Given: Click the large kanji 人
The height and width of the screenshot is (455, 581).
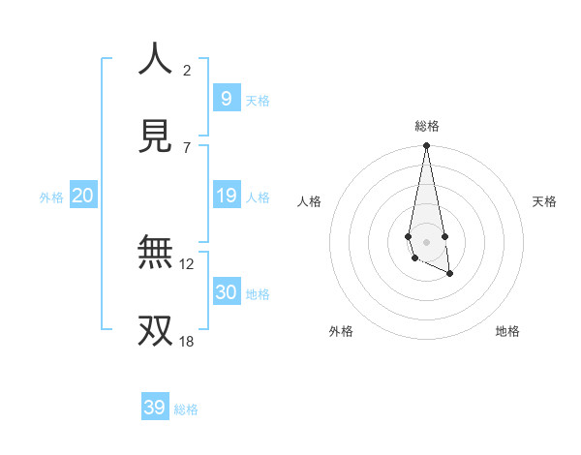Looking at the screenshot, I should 155,59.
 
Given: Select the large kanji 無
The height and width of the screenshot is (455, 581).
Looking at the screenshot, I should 155,253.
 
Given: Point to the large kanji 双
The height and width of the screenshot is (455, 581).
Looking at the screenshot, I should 155,330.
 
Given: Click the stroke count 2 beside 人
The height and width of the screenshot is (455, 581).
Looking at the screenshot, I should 187,70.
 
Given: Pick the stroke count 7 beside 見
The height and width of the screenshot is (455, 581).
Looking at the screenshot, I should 187,147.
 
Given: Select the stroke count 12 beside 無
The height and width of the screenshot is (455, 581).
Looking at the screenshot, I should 187,263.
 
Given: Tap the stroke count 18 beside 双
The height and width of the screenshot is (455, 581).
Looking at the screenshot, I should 187,341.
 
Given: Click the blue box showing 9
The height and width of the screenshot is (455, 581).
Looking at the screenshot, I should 226,98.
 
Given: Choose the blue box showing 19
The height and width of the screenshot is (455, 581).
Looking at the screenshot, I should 226,196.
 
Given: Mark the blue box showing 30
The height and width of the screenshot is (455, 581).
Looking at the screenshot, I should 226,292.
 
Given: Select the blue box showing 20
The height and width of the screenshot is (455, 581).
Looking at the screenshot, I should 83,196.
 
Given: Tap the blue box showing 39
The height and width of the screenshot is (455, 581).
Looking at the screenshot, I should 155,408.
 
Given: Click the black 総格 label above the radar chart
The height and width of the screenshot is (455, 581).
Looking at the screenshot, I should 426,126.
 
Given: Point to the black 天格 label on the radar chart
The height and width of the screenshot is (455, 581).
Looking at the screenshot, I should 545,201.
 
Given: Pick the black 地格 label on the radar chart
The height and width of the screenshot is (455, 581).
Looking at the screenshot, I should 507,331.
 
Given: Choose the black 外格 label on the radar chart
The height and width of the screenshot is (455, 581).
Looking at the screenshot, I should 341,331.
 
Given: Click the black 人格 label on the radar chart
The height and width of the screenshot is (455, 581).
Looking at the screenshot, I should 309,201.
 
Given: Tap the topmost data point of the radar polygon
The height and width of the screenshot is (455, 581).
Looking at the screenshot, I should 426,145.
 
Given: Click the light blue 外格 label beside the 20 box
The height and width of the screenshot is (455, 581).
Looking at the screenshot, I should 51,197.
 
